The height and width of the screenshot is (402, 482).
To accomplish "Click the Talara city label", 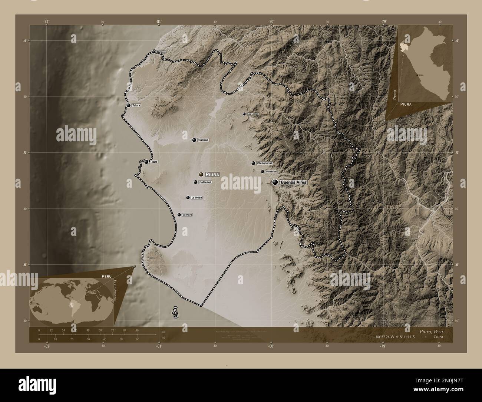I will coord(136,105).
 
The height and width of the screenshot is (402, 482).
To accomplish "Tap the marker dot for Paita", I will coord(147,162).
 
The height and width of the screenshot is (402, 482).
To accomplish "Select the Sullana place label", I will coord(203,140).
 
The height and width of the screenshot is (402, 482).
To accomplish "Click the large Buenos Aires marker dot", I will coord(275,182).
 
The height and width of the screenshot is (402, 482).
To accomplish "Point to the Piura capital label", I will coord(212,174).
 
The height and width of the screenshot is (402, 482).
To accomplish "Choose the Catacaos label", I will coord(205,182).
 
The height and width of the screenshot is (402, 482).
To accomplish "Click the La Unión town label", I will coord(197,198).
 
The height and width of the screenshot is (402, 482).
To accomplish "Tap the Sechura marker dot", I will coord(179,215).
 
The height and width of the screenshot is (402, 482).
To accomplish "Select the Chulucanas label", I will coord(264,163).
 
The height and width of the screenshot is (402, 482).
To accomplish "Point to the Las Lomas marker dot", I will coord(244,114).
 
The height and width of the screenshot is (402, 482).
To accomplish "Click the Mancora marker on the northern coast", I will coord(154,52).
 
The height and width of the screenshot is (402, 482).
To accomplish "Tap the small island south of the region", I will coord(175,312).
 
